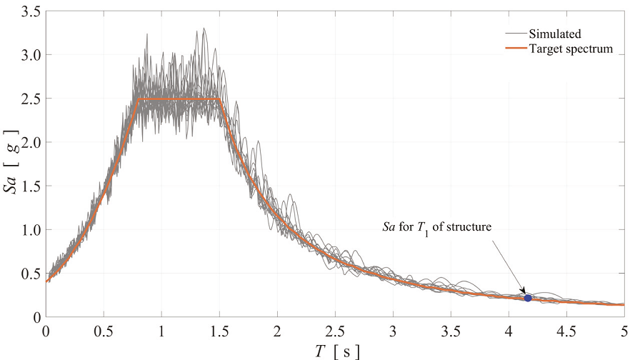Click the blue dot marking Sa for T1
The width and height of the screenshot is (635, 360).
[x=528, y=298]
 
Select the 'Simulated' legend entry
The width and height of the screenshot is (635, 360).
[x=554, y=33]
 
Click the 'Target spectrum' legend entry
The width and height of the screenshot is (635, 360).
[x=571, y=48]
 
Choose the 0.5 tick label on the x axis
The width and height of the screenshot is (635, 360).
[x=104, y=331]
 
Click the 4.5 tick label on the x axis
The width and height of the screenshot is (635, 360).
[x=566, y=331]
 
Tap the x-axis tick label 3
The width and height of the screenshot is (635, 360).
[x=392, y=331]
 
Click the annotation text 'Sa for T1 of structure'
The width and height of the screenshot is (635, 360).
[x=444, y=227]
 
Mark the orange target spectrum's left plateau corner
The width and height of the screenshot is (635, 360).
[x=139, y=99]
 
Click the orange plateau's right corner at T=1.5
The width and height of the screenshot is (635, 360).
[x=221, y=99]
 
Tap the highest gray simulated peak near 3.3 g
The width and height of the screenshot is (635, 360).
[x=204, y=29]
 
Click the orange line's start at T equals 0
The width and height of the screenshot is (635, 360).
[x=46, y=281]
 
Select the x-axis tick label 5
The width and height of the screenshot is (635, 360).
[x=623, y=331]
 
